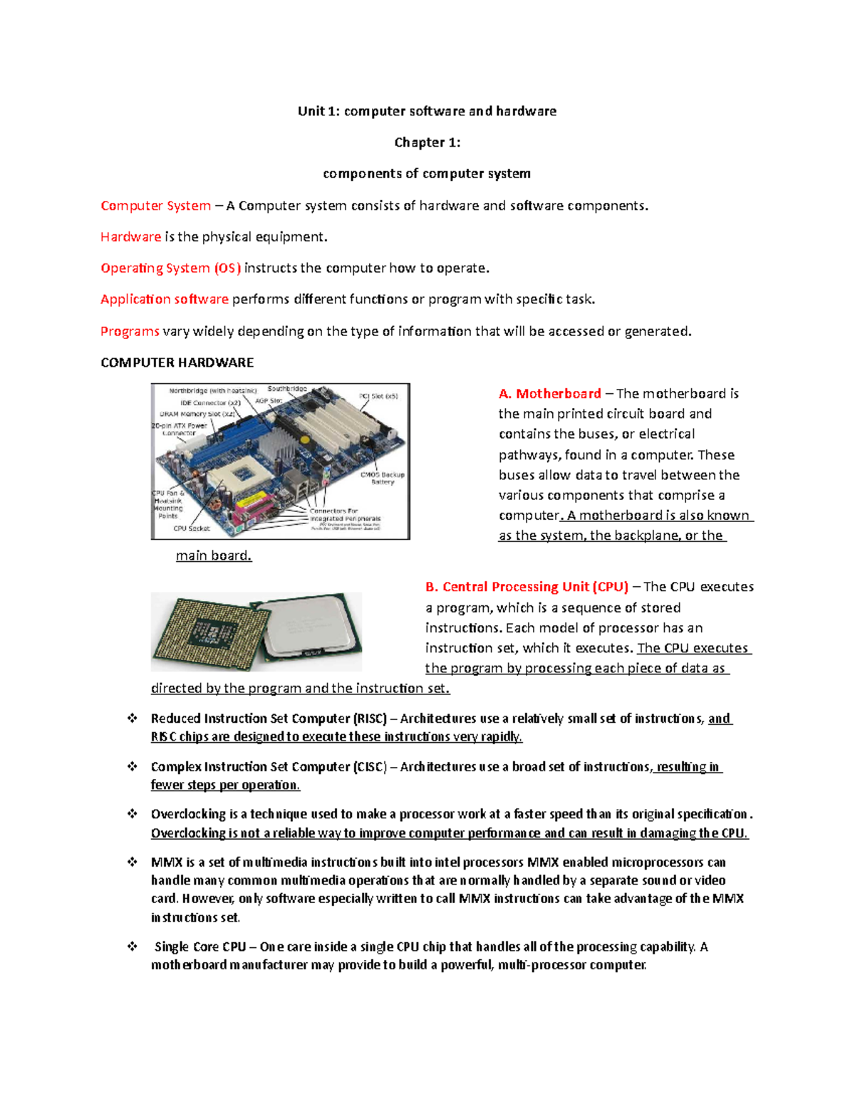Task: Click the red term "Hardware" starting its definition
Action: [x=130, y=237]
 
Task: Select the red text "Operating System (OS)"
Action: [x=170, y=268]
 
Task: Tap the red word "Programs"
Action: [x=130, y=332]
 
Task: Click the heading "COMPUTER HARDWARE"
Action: [x=177, y=362]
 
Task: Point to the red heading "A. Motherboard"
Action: [x=549, y=394]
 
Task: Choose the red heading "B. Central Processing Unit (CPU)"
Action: [x=527, y=587]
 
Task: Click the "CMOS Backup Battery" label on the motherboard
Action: [x=383, y=478]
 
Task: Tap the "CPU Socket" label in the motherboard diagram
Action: [x=192, y=528]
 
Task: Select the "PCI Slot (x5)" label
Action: [x=378, y=397]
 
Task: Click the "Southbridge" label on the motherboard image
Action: [x=287, y=389]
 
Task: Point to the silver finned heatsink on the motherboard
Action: [x=276, y=447]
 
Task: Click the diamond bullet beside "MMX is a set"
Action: [x=133, y=862]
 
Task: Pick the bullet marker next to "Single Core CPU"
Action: [x=133, y=946]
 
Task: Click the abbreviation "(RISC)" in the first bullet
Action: [x=370, y=719]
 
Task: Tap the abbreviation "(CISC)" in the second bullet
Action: [x=370, y=767]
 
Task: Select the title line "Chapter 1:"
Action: [x=427, y=142]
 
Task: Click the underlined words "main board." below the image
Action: [x=214, y=555]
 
